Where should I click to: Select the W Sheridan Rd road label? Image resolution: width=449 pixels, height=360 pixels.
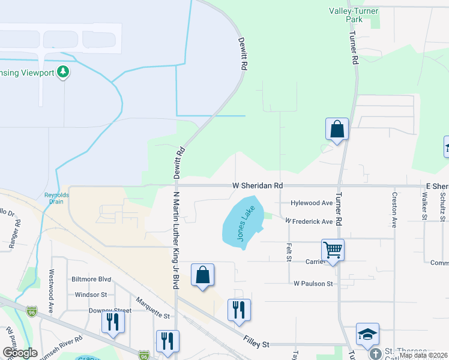(258, 186)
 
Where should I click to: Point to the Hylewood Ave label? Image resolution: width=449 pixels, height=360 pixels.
(312, 203)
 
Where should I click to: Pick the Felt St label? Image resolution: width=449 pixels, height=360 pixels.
(289, 252)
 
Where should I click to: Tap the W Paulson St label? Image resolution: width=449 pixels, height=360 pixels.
(313, 283)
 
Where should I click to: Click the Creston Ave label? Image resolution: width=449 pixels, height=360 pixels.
(394, 209)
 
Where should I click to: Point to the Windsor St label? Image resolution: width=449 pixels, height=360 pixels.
(91, 295)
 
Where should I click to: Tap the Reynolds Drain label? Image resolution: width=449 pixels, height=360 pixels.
(57, 199)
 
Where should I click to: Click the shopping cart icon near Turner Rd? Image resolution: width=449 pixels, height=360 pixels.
(333, 250)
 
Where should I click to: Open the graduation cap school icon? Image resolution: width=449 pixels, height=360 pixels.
(367, 334)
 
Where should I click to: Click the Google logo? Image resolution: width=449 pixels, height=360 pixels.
(20, 353)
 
